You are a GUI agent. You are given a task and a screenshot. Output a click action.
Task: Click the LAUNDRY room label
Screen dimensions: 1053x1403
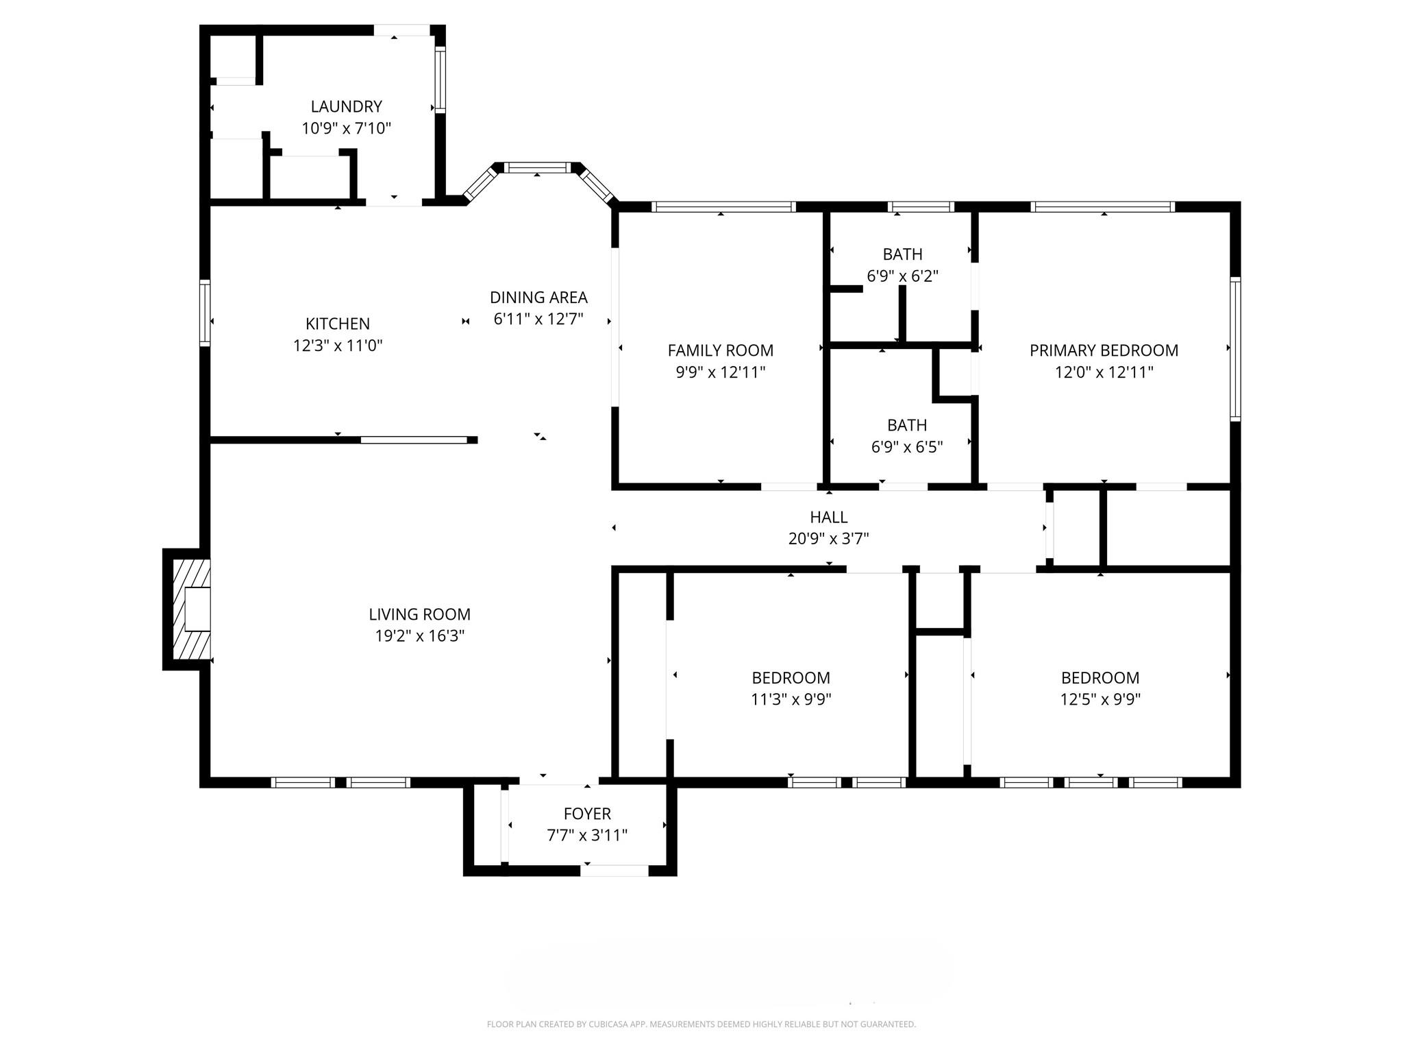(346, 106)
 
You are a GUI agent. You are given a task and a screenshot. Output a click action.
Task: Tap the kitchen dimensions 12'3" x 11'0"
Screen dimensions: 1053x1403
(338, 346)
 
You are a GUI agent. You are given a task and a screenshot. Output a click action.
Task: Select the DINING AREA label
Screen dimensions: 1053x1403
(538, 298)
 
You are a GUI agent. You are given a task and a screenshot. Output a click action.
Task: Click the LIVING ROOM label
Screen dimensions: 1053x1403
(419, 614)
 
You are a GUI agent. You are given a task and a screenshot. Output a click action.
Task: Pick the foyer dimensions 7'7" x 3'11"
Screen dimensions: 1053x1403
(587, 835)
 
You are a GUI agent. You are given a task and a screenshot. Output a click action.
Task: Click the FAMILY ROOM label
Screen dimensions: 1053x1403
(721, 350)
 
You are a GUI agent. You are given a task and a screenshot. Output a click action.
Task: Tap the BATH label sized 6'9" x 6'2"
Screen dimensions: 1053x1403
(902, 254)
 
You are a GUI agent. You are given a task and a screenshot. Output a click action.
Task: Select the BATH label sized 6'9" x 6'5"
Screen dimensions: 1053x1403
(907, 425)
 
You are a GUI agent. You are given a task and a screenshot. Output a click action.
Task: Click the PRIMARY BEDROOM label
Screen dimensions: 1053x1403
(1104, 350)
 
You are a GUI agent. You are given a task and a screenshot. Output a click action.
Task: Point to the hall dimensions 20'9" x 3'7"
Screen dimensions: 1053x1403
(828, 539)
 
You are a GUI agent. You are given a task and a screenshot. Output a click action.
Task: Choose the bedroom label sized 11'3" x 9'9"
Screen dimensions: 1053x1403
(791, 678)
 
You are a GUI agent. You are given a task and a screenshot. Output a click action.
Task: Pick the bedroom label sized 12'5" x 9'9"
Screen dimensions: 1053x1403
(1100, 678)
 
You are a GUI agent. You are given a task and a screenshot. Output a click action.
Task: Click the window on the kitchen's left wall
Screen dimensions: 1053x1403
(205, 313)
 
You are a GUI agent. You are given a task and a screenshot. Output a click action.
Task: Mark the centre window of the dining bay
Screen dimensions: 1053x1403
(537, 167)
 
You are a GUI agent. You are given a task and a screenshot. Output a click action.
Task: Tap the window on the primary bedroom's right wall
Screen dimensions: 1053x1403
(1235, 349)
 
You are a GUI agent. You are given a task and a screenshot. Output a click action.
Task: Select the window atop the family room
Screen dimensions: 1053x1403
(723, 206)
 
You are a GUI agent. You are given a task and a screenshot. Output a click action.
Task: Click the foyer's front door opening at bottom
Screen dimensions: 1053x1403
(614, 871)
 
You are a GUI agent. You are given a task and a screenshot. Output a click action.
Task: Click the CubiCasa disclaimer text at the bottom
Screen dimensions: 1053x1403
(701, 1024)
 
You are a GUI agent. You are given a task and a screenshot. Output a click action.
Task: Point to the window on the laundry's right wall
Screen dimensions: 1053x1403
(440, 80)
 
